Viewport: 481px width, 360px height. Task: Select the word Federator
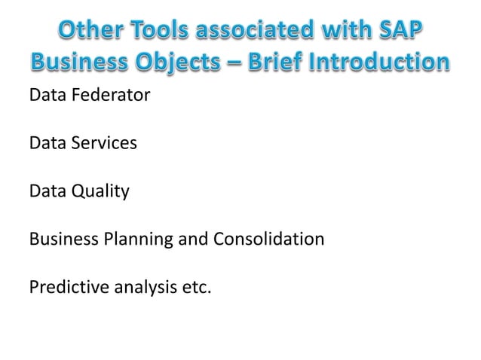pyautogui.click(x=97, y=96)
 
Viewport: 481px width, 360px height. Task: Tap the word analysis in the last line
pyautogui.click(x=139, y=288)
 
